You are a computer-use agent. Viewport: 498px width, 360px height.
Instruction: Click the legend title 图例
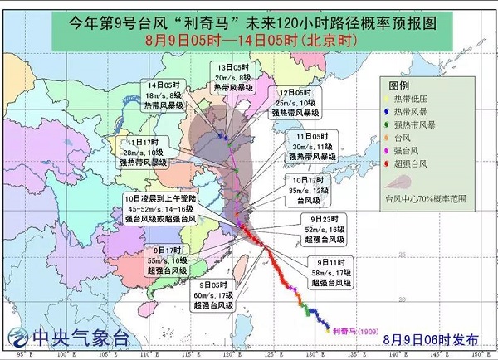click(x=401, y=85)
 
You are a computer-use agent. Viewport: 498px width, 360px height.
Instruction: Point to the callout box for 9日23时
click(x=317, y=228)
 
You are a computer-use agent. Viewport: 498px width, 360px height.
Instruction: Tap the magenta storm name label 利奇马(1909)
click(x=350, y=330)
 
